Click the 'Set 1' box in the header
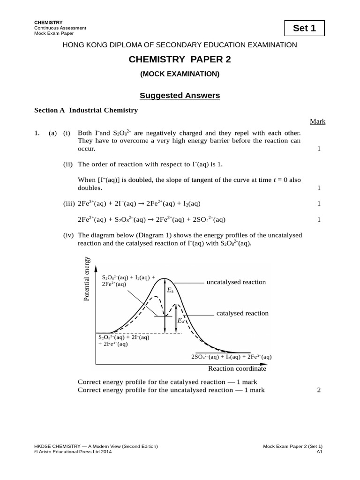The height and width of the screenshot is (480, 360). tap(304, 28)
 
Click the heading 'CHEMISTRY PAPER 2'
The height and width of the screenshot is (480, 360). tap(180, 60)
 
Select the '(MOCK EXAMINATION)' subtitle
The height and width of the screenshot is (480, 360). tap(180, 74)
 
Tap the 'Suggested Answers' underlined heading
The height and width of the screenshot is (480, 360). tap(180, 96)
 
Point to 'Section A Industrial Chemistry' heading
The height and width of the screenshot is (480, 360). tap(86, 110)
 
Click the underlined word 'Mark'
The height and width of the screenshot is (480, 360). tap(317, 122)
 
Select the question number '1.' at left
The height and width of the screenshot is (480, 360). tap(37, 133)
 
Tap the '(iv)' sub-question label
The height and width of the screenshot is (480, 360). tap(69, 235)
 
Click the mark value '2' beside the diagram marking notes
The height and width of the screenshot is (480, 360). tap(319, 390)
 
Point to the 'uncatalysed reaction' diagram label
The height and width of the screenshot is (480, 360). tap(236, 282)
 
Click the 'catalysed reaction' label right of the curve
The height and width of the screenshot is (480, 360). tap(242, 313)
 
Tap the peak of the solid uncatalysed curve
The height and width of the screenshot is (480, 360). tap(164, 279)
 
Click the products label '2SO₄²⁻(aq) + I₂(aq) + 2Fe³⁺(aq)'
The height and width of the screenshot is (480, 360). tap(231, 357)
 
